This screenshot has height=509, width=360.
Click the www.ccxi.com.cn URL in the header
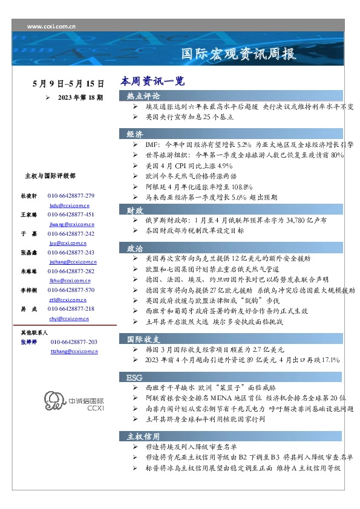(x=51, y=27)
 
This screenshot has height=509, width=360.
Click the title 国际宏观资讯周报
(x=239, y=54)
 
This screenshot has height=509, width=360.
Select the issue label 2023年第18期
(x=80, y=97)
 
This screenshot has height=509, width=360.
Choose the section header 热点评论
(x=143, y=96)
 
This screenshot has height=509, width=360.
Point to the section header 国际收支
(x=143, y=338)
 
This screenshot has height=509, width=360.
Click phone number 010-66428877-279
(x=71, y=196)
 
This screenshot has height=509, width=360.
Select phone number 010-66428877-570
(x=71, y=290)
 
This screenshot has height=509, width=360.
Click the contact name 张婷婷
(x=29, y=342)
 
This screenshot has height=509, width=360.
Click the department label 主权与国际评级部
(x=50, y=175)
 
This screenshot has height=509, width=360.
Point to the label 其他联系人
(x=34, y=332)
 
